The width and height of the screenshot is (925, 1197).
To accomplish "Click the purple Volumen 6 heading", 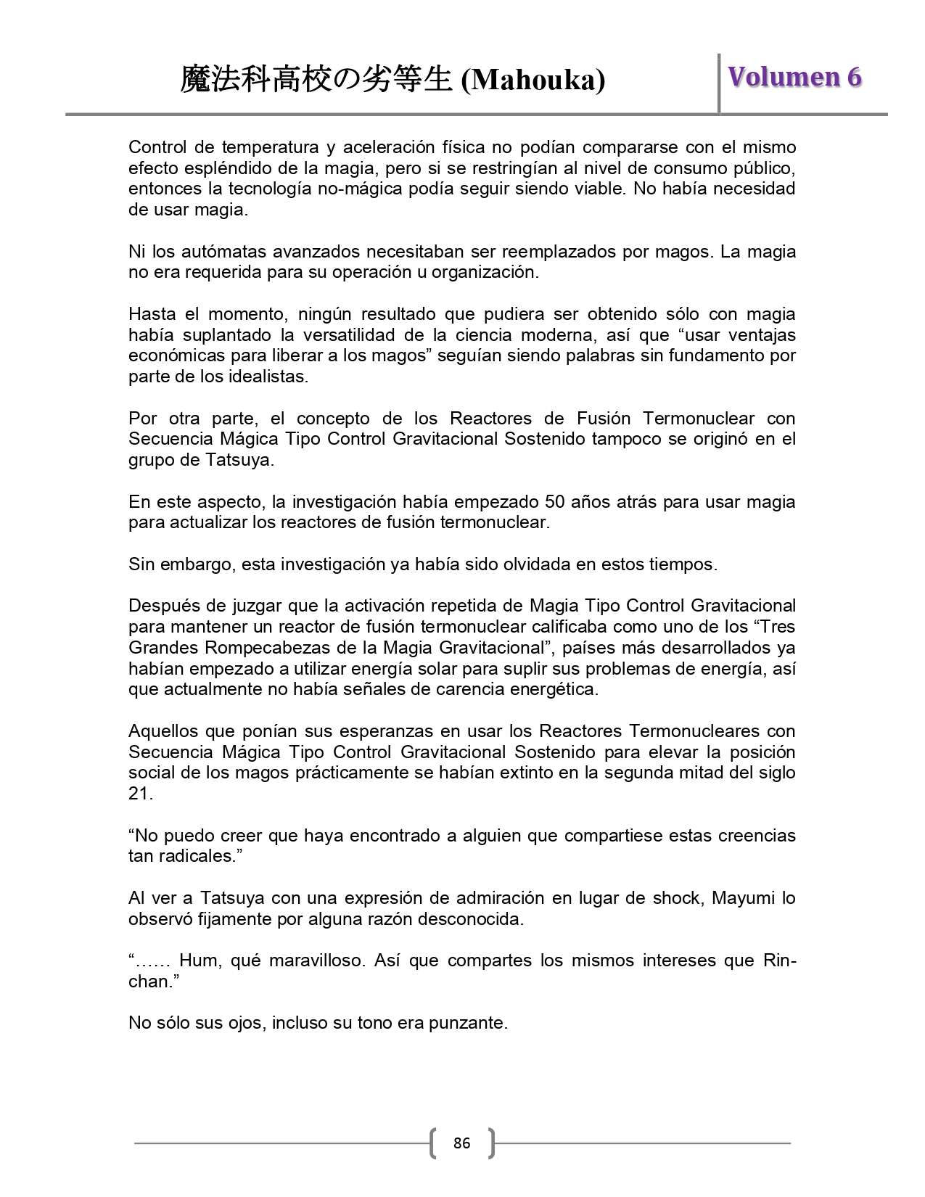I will click(795, 77).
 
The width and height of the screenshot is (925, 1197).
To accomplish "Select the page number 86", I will click(461, 1143).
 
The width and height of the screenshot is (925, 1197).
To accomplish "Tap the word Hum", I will click(200, 961).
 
